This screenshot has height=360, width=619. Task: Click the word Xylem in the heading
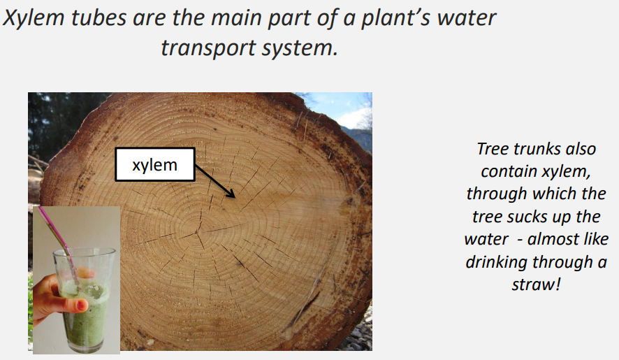pos(34,19)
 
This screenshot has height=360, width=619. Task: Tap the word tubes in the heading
pos(99,18)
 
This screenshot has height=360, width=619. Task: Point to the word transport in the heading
pos(208,49)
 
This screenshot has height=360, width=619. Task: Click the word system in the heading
pos(300,49)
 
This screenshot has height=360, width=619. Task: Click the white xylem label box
pos(155,164)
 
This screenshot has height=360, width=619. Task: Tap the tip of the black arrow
pos(235,198)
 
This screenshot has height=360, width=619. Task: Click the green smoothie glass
pos(84,301)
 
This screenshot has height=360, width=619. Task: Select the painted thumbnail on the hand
pos(82,305)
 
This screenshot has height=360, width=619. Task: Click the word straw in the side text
pos(532,285)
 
